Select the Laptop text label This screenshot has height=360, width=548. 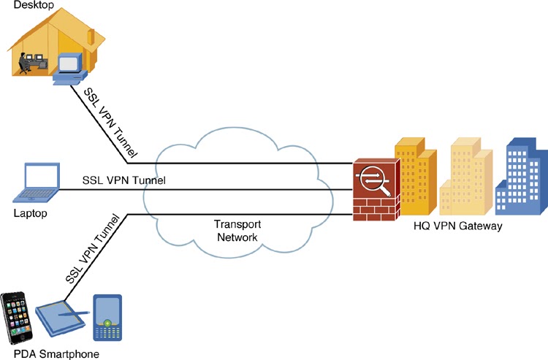pyautogui.click(x=31, y=214)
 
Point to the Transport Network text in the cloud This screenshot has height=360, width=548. pyautogui.click(x=237, y=231)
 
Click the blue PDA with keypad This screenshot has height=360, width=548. pyautogui.click(x=107, y=319)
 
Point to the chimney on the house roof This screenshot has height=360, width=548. pyautogui.click(x=91, y=37)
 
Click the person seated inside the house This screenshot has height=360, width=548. pyautogui.click(x=27, y=64)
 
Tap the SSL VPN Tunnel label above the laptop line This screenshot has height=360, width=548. pyautogui.click(x=123, y=180)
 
